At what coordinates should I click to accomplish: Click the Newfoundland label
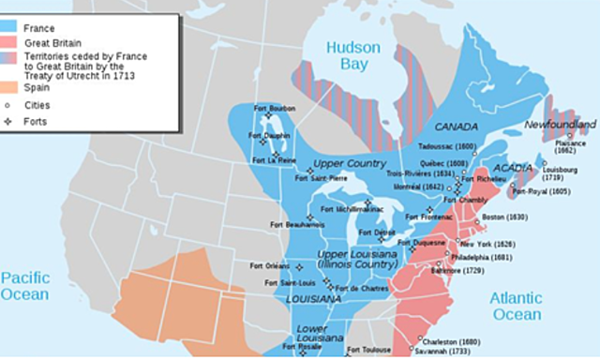click(560, 125)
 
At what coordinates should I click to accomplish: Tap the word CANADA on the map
click(456, 127)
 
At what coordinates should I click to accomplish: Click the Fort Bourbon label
click(270, 109)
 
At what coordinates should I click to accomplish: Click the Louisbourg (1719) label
click(561, 172)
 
